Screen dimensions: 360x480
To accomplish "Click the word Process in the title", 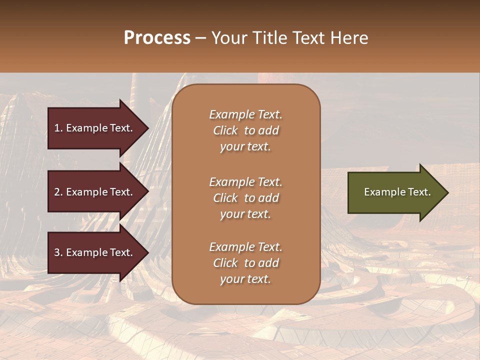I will click(157, 38).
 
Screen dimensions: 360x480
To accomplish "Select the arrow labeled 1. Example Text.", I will click(95, 128).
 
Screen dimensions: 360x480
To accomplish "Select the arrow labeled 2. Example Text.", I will click(95, 192).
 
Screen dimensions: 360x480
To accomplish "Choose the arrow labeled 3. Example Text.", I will click(95, 252).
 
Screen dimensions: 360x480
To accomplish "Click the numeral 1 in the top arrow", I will click(56, 128).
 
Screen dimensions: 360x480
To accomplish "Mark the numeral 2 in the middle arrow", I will click(57, 192).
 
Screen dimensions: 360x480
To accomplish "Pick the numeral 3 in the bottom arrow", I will click(57, 252).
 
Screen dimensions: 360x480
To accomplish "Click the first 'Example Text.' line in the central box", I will click(245, 114).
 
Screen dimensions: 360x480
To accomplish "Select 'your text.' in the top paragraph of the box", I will click(245, 147).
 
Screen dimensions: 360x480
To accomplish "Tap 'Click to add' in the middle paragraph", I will click(245, 198).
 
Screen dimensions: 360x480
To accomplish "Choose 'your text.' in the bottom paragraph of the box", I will click(245, 279).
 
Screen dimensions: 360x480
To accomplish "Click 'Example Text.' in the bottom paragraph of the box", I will click(245, 247).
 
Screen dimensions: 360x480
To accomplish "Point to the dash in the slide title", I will click(201, 38).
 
